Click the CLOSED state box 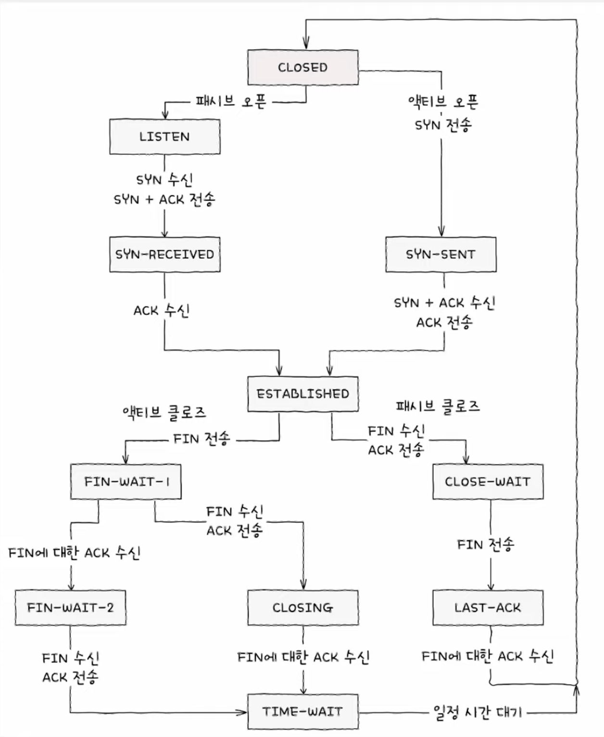303,67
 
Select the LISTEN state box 165,137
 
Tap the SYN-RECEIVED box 165,254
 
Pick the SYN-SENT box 441,254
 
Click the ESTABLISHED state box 303,394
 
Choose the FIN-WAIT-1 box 126,482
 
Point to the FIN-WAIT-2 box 71,608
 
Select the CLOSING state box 303,608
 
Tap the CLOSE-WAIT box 488,482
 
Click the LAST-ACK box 488,608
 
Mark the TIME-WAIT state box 303,712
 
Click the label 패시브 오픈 231,102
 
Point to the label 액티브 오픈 443,102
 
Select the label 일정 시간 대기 477,712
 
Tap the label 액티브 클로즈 164,412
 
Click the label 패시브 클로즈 438,406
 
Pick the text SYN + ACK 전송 164,200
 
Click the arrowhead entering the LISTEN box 165,115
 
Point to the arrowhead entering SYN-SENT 441,232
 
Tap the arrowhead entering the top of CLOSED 306,44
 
